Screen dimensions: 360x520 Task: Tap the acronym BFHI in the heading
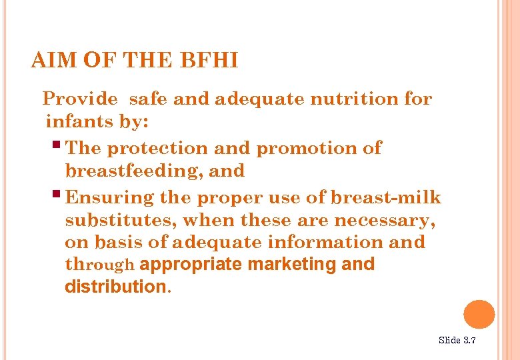[x=209, y=62]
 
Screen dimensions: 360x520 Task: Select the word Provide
[x=80, y=99]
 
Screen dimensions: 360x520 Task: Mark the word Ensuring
[x=111, y=198]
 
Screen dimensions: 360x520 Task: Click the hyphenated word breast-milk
[x=386, y=198]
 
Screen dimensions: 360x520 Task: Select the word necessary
[x=390, y=220]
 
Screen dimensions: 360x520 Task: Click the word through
[x=100, y=265]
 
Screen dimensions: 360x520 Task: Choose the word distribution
[x=114, y=287]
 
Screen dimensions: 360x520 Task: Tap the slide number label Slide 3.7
[x=457, y=341]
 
